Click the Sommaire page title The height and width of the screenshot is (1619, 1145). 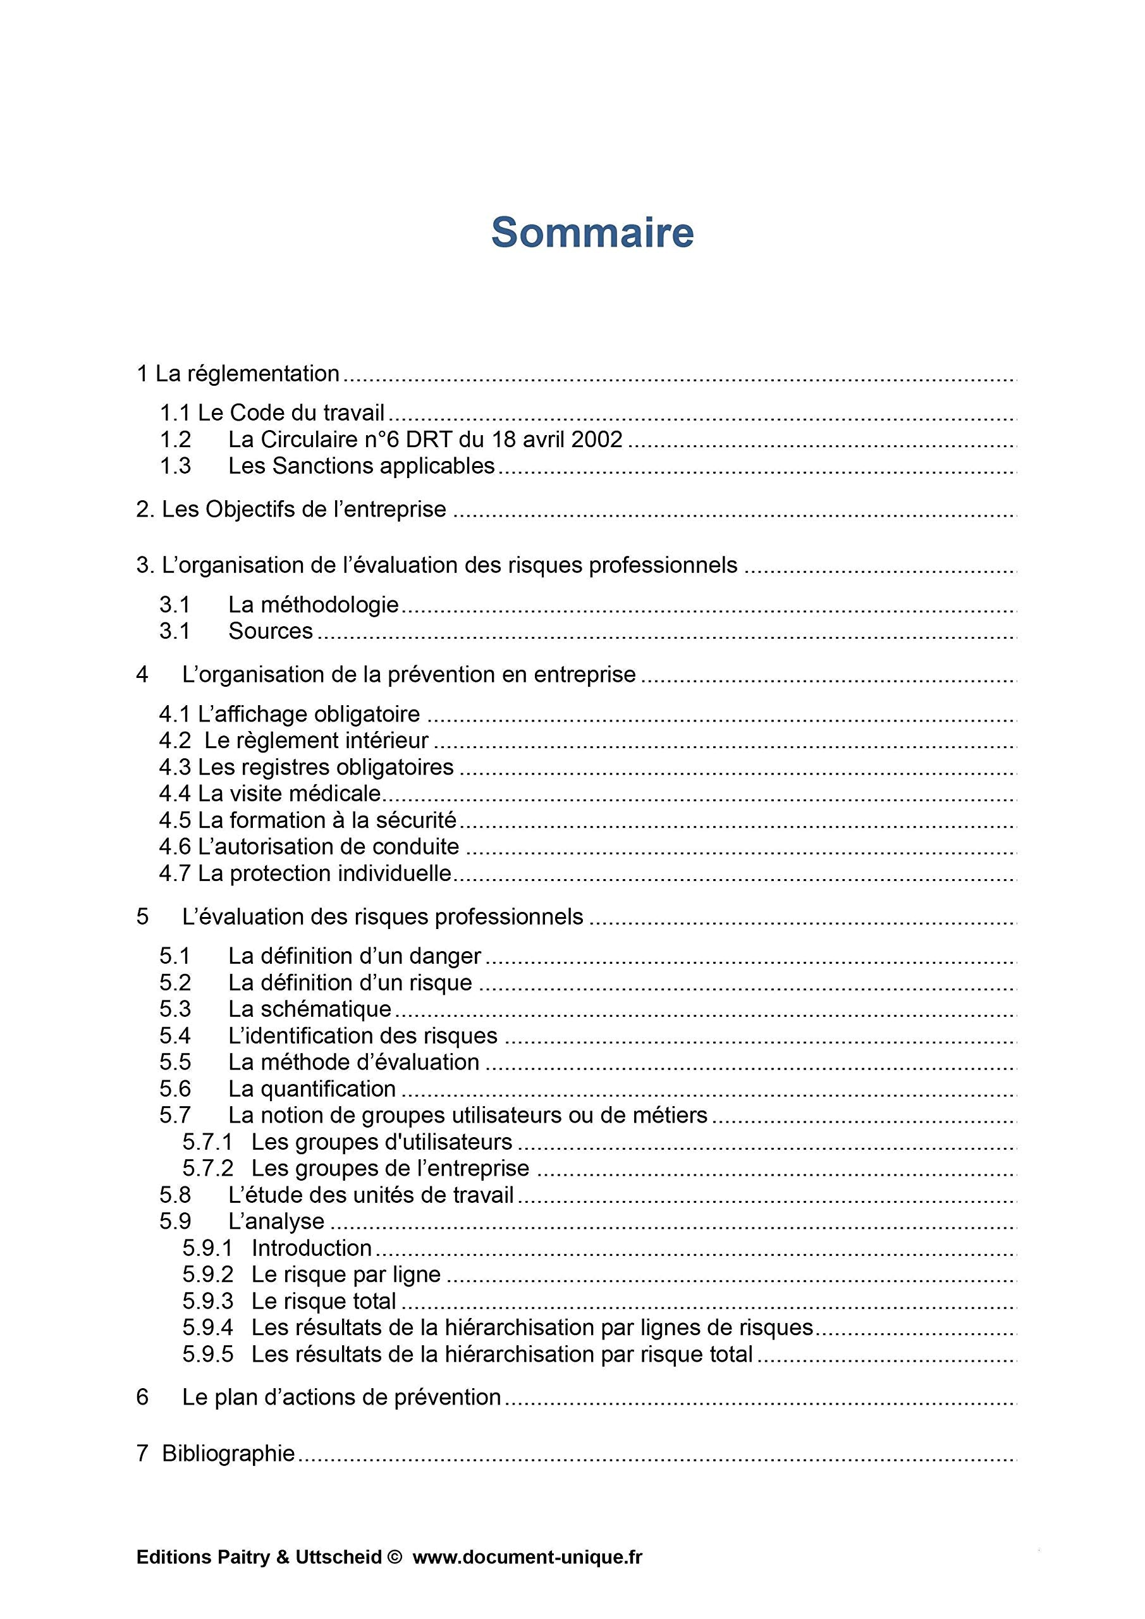pos(592,232)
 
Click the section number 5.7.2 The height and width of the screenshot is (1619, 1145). pos(207,1169)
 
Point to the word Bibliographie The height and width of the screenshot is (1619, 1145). pos(228,1453)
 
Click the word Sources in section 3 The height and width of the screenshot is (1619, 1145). pos(270,631)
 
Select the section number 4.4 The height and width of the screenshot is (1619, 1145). pos(175,794)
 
